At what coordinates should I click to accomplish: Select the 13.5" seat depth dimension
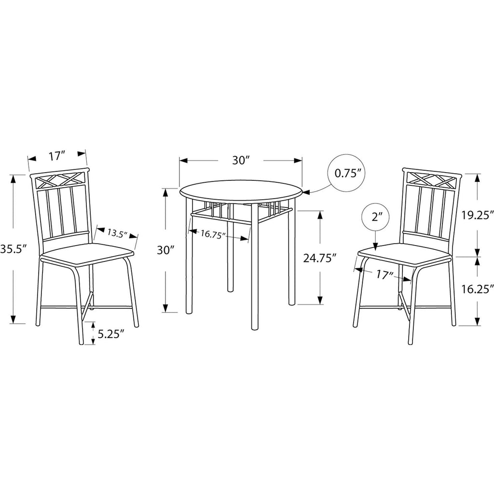117,233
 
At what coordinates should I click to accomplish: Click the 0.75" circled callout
347,173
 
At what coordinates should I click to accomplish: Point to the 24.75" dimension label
318,258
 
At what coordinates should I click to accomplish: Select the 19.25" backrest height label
477,216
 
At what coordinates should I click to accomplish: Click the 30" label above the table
241,160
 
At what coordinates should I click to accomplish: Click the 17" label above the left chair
57,156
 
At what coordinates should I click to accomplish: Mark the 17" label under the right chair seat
385,275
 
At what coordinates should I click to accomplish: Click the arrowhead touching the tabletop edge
306,191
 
